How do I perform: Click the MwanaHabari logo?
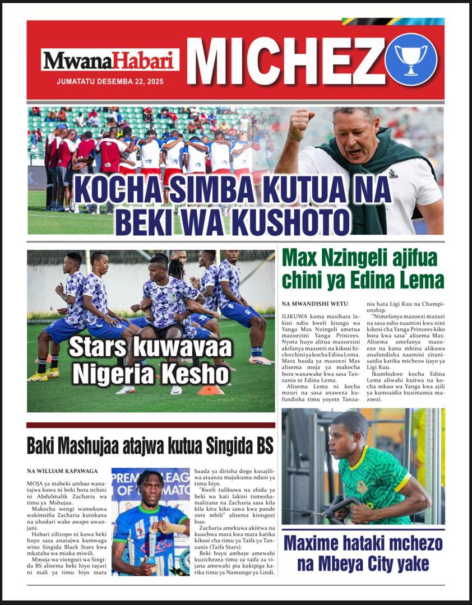tap(110, 60)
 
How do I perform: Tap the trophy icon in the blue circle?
tap(411, 59)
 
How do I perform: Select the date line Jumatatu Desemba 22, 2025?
tap(110, 81)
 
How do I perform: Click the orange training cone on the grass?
tap(210, 389)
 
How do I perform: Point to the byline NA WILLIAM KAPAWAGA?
tap(62, 471)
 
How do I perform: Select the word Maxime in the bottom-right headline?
tap(314, 543)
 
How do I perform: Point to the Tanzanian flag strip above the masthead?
tap(392, 21)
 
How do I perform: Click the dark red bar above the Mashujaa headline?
tap(150, 425)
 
